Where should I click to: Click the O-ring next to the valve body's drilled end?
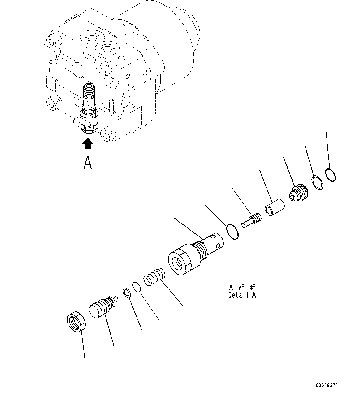pos(232,232)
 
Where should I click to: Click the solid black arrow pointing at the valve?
pos(88,144)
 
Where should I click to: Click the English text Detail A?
pos(242,295)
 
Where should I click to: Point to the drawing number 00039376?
pos(327,386)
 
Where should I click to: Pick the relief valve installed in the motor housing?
pos(89,108)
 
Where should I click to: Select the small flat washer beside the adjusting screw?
pos(127,292)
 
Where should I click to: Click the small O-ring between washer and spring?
pos(137,287)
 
